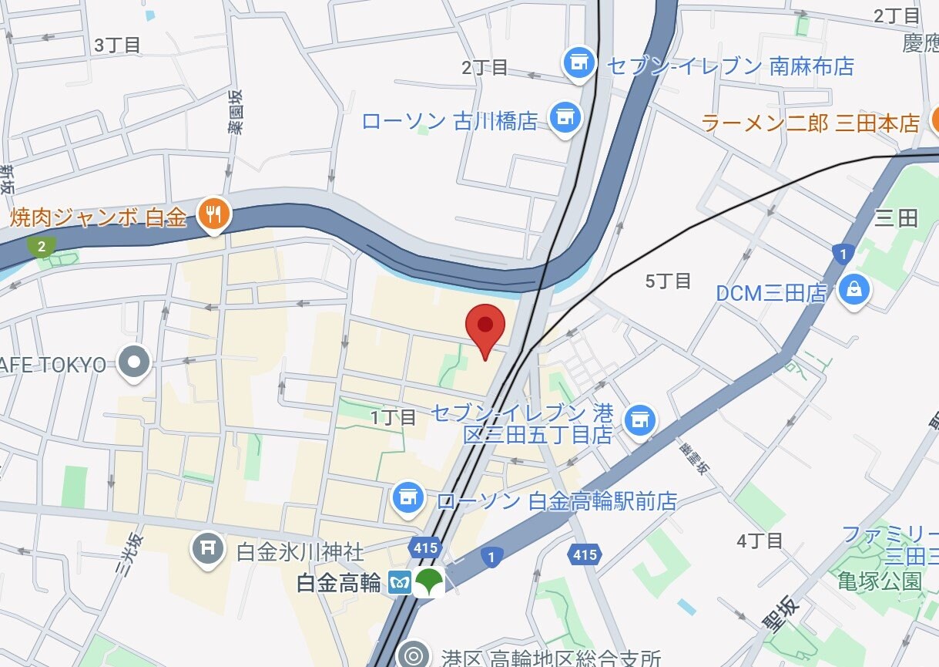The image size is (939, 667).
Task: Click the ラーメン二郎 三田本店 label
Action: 810,123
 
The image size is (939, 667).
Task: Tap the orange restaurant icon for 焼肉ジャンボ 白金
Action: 213,214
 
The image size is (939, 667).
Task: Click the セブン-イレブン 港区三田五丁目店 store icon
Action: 639,420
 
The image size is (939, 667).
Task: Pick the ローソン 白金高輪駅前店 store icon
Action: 408,498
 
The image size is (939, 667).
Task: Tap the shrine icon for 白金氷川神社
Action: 206,549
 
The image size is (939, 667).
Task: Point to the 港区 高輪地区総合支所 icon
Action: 414,655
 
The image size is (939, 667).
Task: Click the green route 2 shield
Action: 40,247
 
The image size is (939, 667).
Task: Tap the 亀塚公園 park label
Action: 880,581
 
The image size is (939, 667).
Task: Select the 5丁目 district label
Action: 668,281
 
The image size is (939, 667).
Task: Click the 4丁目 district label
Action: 760,541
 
